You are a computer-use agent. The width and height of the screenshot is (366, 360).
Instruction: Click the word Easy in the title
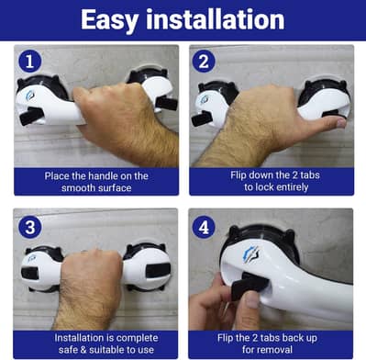(x=114, y=19)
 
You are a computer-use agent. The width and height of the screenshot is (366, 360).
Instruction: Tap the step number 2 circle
(x=205, y=62)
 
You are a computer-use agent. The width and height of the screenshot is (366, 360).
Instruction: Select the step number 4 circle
(x=205, y=225)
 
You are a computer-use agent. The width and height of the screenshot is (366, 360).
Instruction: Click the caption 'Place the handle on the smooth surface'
(x=96, y=180)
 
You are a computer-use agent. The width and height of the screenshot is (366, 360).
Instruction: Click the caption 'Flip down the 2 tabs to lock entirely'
(x=271, y=180)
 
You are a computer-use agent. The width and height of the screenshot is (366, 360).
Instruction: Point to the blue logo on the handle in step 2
(x=205, y=98)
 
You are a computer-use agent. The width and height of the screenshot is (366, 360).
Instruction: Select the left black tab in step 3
(x=30, y=273)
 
